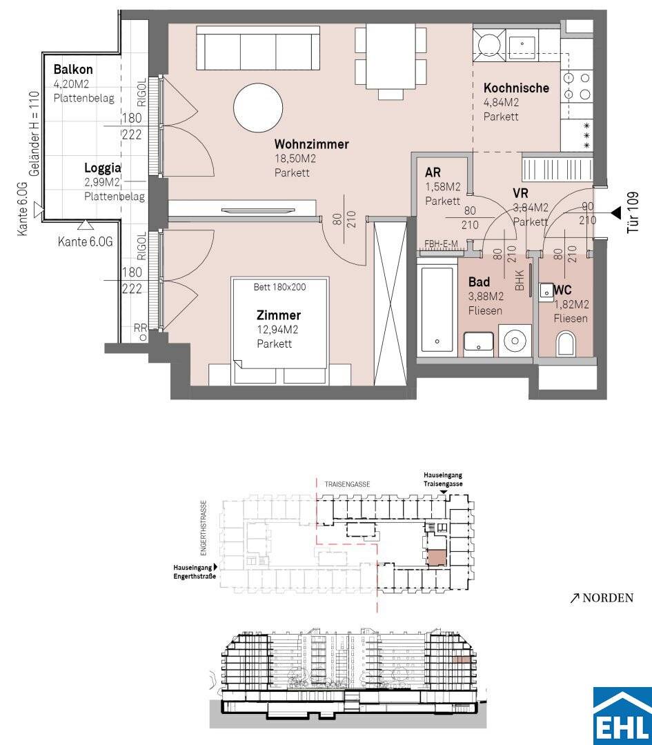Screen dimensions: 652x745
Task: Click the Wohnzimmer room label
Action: (312, 144)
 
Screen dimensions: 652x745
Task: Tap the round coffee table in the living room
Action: (258, 108)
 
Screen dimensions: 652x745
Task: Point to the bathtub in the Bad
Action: (437, 310)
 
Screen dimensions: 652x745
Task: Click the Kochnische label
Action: (516, 88)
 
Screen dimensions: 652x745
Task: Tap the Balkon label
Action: (73, 70)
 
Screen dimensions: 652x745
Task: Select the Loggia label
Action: (102, 168)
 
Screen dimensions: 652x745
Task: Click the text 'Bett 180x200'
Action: (279, 287)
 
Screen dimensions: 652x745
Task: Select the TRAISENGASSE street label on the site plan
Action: (347, 484)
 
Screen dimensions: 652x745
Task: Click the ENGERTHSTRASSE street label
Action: (204, 528)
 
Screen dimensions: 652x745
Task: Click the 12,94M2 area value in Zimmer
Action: (277, 330)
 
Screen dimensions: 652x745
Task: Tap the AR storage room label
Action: (433, 172)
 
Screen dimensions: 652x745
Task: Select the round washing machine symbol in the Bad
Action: (514, 340)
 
